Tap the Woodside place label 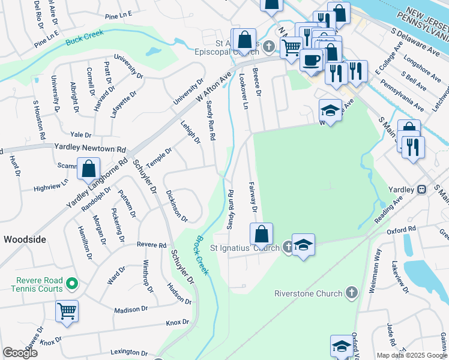(x=25, y=239)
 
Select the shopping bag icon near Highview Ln (x=88, y=170)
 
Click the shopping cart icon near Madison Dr (x=67, y=311)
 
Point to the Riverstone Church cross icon (x=352, y=293)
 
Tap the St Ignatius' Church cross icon (x=288, y=247)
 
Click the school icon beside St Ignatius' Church (x=303, y=245)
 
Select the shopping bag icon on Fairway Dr (x=261, y=234)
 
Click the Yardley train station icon (x=422, y=189)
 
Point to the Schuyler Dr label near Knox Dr (x=182, y=268)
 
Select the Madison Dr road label (x=131, y=310)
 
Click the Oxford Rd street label (x=401, y=230)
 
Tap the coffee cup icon (x=312, y=60)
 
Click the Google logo (x=20, y=353)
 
